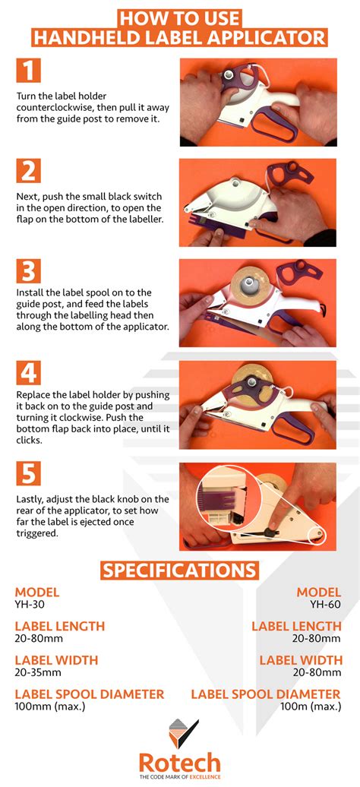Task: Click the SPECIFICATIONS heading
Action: click(x=180, y=570)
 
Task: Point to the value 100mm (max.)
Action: click(x=50, y=706)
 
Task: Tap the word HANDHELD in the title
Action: click(x=87, y=37)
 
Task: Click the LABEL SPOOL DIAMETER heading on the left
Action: click(x=90, y=694)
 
